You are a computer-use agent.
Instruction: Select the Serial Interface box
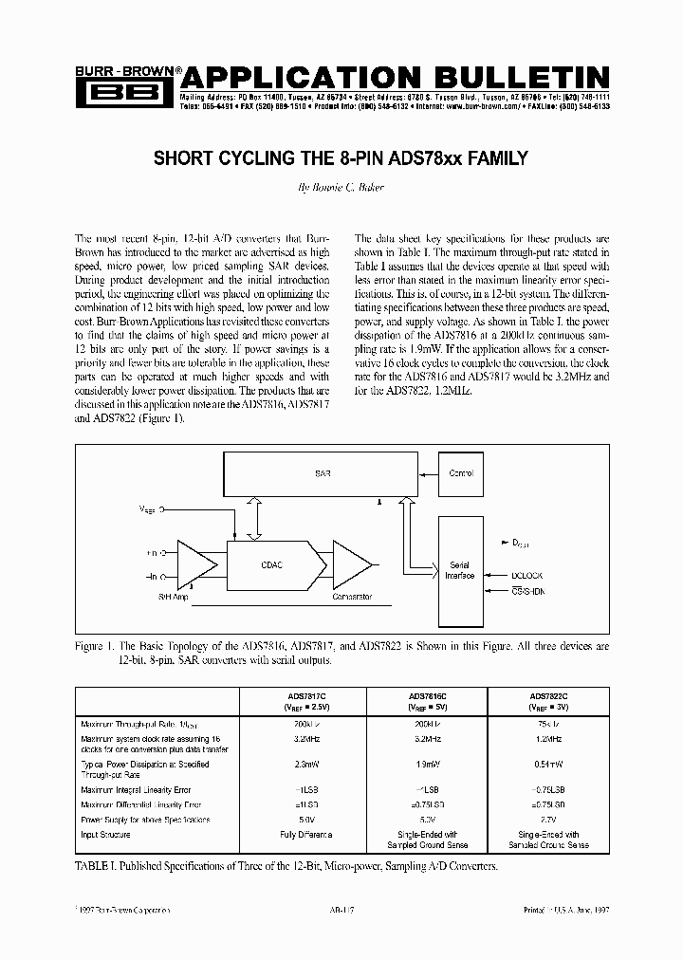(x=459, y=570)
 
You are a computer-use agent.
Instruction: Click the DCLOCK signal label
(x=527, y=573)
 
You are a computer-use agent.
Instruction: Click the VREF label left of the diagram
(x=149, y=508)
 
